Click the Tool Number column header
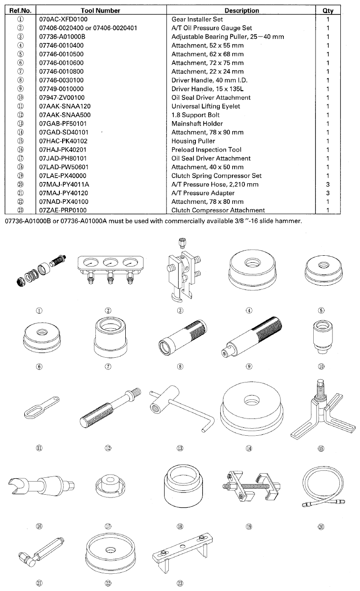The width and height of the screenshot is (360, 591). (x=100, y=10)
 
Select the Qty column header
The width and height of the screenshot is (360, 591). (x=328, y=10)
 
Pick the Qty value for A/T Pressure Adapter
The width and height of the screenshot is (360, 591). (x=328, y=193)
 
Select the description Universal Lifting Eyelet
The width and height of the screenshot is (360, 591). (x=206, y=107)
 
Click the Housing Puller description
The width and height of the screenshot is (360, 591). (x=193, y=141)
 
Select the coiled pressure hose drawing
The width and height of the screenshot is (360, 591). (x=320, y=491)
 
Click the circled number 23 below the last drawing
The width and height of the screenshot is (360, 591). (x=180, y=583)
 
